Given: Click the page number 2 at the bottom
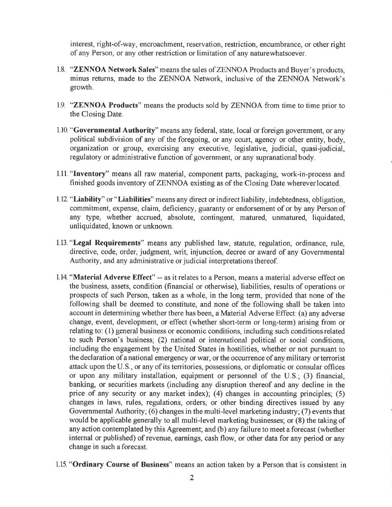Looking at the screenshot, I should pyautogui.click(x=192, y=478).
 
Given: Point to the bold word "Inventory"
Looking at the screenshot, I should pyautogui.click(x=89, y=174).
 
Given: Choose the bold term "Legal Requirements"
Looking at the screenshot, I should pyautogui.click(x=107, y=243).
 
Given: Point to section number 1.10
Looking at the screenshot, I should pyautogui.click(x=62, y=130).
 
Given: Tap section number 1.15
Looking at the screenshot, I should pyautogui.click(x=62, y=465).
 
